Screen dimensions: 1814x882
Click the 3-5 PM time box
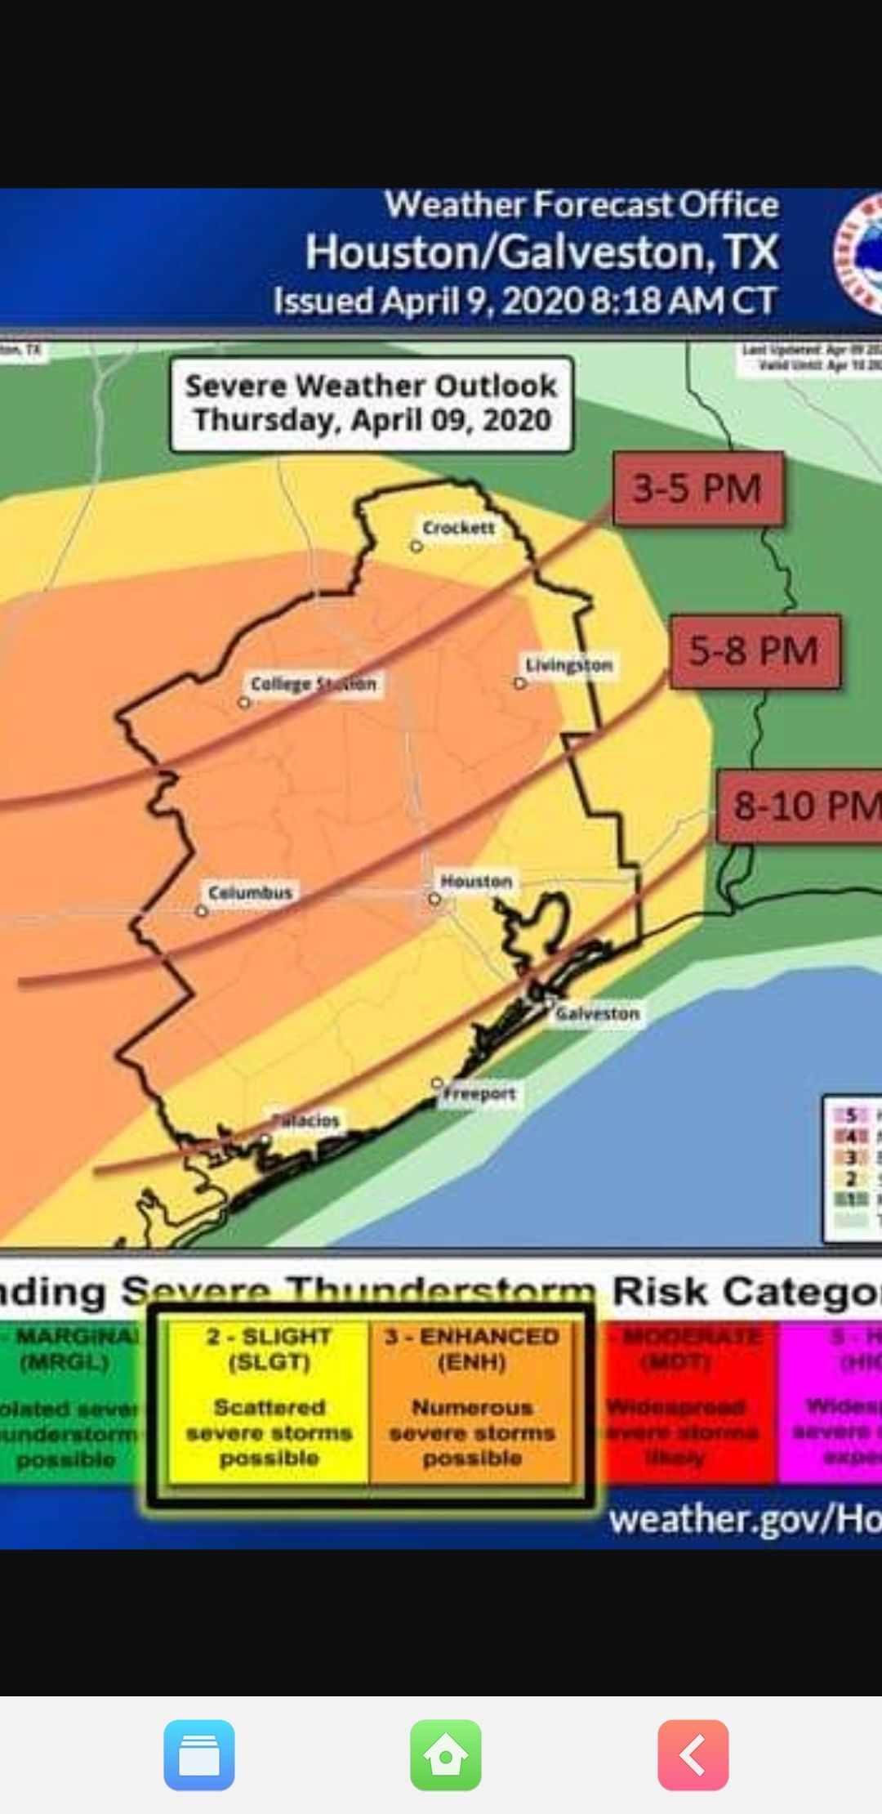point(697,489)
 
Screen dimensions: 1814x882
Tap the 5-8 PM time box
point(754,651)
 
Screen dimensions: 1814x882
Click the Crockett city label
point(458,528)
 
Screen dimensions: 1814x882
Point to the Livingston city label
point(568,665)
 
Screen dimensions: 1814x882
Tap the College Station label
point(314,683)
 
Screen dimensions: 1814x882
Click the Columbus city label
point(250,892)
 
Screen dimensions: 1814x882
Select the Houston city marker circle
point(434,899)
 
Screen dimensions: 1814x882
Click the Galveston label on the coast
point(597,1013)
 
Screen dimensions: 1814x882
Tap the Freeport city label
point(479,1093)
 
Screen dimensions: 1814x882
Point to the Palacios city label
point(305,1120)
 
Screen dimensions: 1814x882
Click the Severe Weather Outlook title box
point(372,404)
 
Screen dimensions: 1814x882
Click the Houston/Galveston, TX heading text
point(542,252)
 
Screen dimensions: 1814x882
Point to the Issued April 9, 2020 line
point(524,301)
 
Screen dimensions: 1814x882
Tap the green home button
point(445,1754)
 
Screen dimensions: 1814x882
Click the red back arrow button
point(693,1754)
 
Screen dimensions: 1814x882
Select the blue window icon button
point(199,1754)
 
